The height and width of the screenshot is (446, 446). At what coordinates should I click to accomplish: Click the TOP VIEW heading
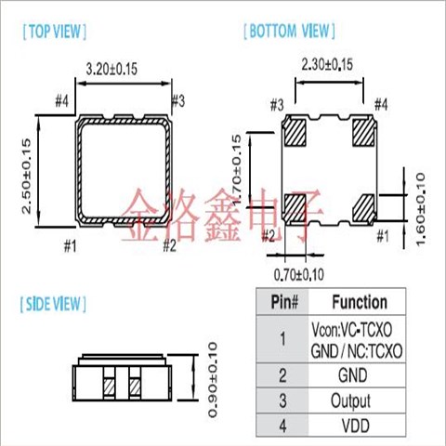coord(55,32)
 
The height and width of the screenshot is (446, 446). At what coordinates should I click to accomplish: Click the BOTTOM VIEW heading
coord(289,31)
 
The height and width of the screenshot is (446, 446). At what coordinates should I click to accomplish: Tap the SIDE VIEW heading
coord(53,304)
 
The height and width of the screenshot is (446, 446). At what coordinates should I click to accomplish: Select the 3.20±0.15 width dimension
coord(111,69)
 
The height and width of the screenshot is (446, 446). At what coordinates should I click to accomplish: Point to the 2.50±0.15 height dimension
coord(26,176)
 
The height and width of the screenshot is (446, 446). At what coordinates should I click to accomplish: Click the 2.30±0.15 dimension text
coord(327,65)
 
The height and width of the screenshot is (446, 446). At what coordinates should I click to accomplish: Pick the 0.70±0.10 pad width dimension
coord(299,275)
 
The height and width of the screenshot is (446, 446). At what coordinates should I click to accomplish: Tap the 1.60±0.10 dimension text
coord(420,209)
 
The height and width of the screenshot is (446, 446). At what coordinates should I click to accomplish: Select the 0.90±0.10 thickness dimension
coord(213,380)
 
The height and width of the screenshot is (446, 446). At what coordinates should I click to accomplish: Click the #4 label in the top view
coord(61,101)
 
